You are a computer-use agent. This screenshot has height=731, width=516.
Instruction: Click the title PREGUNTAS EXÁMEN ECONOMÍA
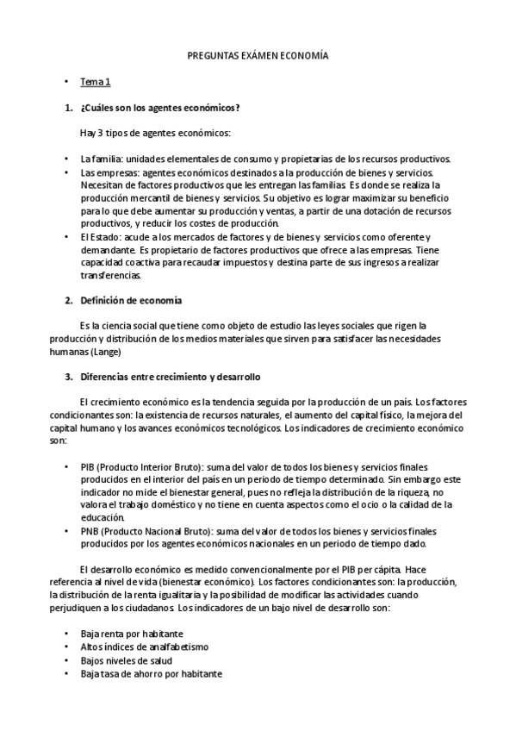tap(258, 56)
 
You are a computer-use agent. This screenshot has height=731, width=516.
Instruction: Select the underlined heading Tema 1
tap(96, 82)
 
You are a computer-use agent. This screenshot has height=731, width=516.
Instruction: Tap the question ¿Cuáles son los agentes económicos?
tap(159, 108)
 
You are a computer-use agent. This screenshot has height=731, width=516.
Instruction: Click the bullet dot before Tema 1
tap(66, 83)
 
